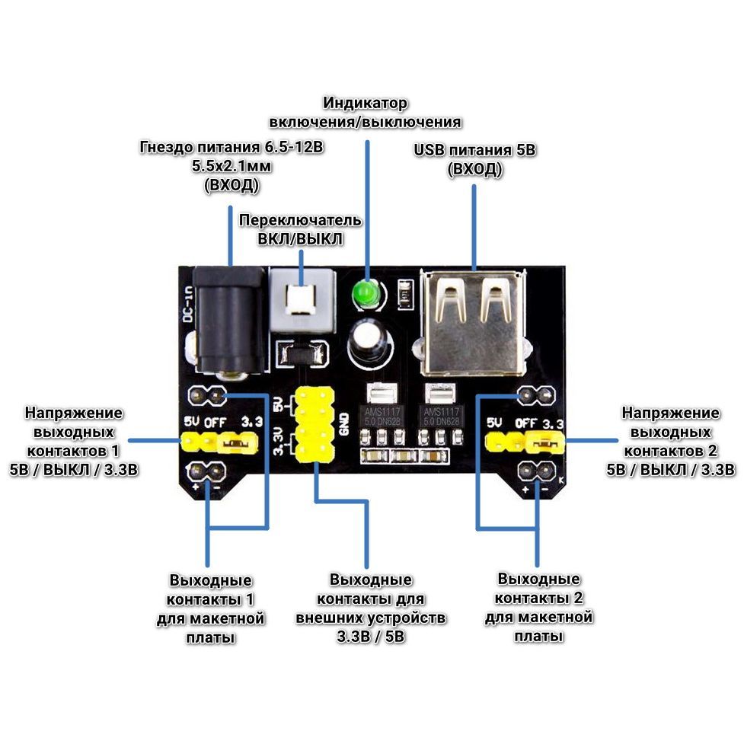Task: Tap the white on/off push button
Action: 302,298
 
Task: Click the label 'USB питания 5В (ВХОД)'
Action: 475,159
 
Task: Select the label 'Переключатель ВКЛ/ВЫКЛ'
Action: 301,228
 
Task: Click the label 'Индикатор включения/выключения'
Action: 366,112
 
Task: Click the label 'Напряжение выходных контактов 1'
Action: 73,440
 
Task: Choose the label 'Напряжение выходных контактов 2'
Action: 670,440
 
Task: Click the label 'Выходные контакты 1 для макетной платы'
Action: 211,608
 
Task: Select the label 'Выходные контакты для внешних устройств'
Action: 371,608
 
